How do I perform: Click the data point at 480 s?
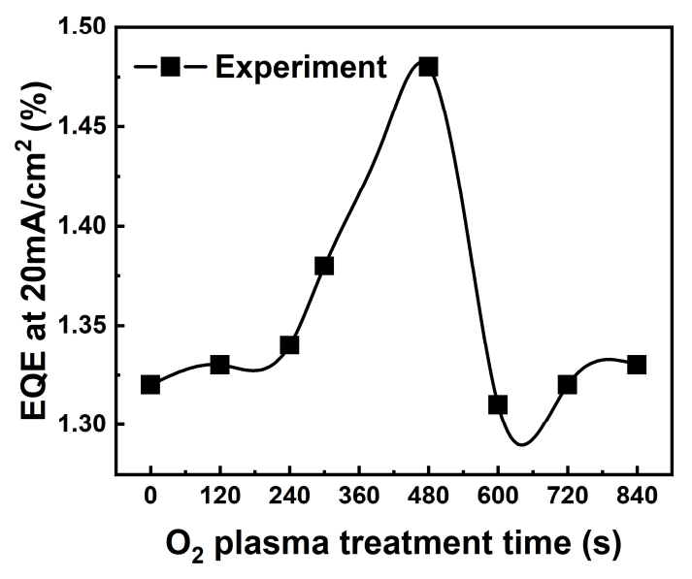tap(428, 67)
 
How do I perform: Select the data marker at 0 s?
tap(150, 384)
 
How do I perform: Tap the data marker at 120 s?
tap(219, 365)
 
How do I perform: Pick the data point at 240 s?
tap(289, 345)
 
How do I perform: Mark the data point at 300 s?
tap(324, 266)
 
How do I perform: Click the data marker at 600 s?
tap(498, 404)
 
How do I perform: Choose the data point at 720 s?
tap(567, 384)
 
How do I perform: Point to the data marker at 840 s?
tap(637, 365)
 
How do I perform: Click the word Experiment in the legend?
tap(301, 67)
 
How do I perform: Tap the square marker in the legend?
tap(170, 67)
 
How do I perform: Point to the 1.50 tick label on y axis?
tap(85, 27)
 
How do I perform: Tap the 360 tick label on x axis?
tap(359, 494)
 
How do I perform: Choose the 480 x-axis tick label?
tap(428, 494)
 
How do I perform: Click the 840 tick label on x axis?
tap(637, 494)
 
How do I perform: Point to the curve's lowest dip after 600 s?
tap(522, 444)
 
